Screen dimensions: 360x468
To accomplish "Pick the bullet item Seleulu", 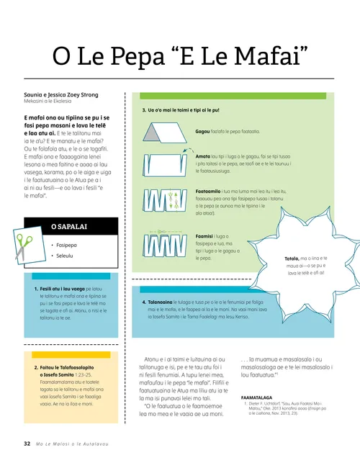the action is (67, 255).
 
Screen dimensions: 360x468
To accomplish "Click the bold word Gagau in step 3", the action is (203, 132).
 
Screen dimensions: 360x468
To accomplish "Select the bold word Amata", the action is (203, 155).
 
